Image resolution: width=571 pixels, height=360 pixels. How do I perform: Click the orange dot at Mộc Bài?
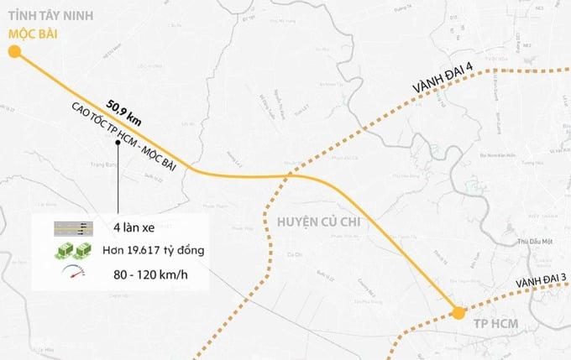point(14,53)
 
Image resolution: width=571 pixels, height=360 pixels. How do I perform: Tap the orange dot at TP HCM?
point(458,314)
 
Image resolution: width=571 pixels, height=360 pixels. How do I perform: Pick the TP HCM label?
point(493,325)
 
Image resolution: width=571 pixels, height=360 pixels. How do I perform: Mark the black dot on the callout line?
point(118,154)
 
